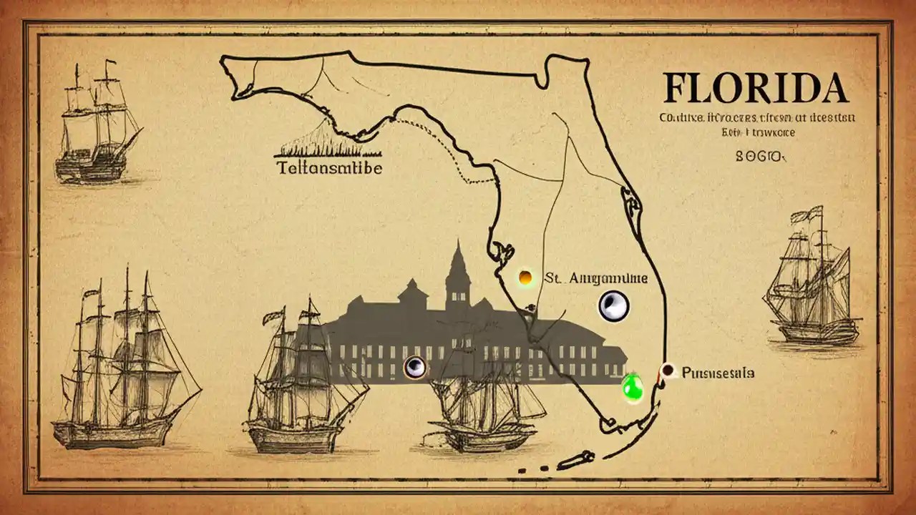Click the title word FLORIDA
coord(755,89)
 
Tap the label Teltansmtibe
coord(328,168)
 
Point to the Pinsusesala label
coord(717,372)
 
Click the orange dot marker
coord(525,278)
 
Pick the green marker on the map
coord(633,387)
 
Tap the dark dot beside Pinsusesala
coord(668,370)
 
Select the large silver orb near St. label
coord(613,306)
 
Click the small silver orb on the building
coord(415,368)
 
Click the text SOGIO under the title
coord(760,155)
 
